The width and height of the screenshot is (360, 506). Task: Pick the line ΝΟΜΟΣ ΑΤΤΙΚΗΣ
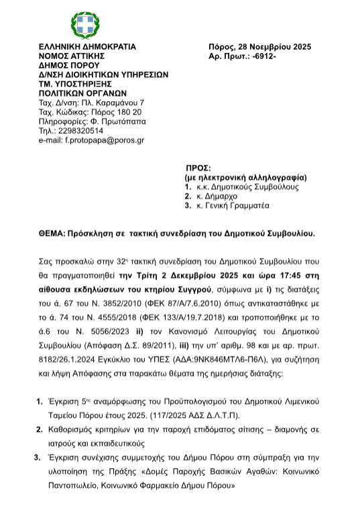coord(72,56)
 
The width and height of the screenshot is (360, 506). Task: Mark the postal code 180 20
coord(128,112)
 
